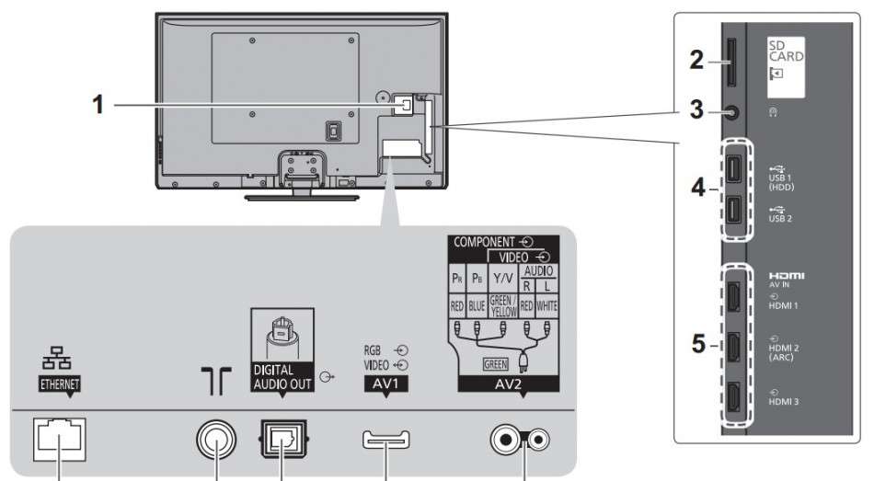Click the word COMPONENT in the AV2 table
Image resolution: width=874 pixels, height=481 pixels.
click(x=481, y=243)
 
